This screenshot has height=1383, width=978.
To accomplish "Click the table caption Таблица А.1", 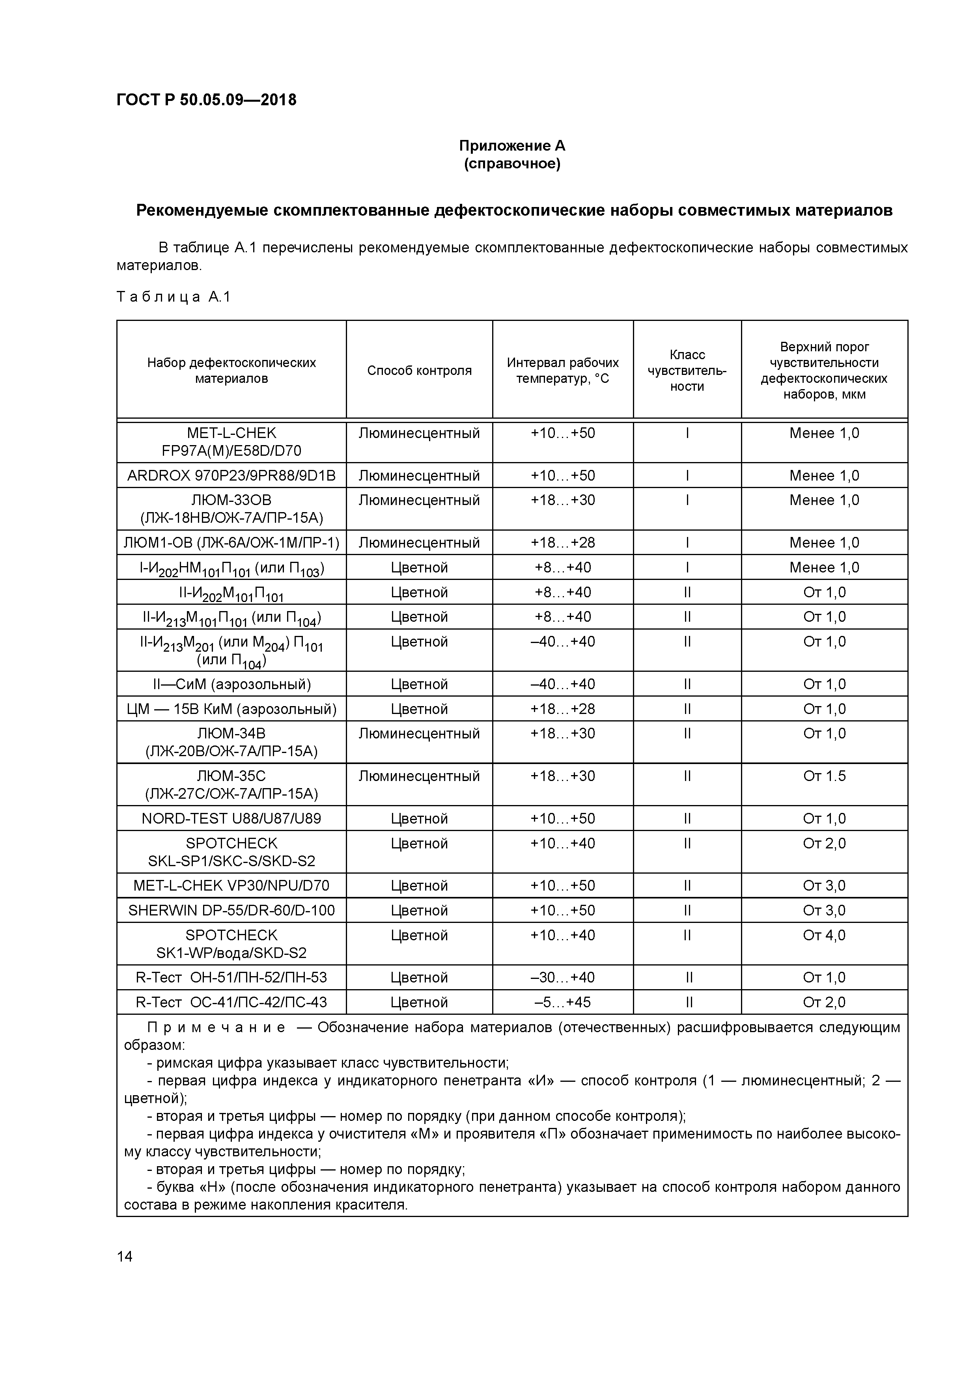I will point(174,297).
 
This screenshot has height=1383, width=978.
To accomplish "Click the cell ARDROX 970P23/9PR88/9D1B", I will point(231,475).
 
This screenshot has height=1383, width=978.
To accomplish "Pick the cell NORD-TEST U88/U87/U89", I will point(231,818).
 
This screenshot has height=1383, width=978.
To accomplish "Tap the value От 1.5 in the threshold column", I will point(824,776).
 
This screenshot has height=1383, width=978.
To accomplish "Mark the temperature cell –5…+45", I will point(562,1002).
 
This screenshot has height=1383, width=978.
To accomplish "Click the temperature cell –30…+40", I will point(562,977).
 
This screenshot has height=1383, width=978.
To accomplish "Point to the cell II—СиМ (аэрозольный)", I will point(231,684).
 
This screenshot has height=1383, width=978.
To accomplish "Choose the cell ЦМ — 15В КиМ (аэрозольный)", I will point(231,709).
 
